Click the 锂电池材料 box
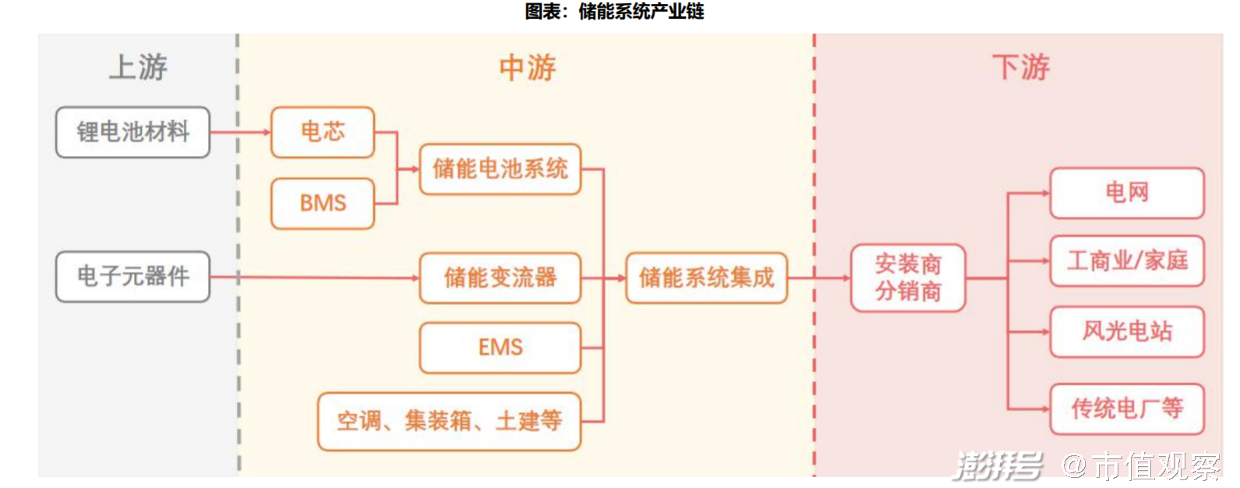click(132, 132)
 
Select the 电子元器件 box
click(132, 276)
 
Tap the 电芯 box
click(323, 132)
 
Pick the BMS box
click(323, 203)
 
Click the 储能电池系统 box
click(500, 168)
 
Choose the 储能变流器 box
click(500, 278)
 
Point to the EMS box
click(500, 347)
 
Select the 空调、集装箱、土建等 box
click(450, 422)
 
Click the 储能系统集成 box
click(707, 278)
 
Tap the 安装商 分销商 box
click(908, 278)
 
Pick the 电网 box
click(1127, 193)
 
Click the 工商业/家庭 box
click(1127, 260)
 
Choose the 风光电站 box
click(1127, 331)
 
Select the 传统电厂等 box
click(1127, 408)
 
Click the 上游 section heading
click(138, 67)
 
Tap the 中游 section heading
click(528, 68)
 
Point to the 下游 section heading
click(1021, 68)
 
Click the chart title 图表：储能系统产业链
click(614, 11)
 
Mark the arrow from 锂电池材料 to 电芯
click(240, 132)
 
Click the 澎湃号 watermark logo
click(998, 466)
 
